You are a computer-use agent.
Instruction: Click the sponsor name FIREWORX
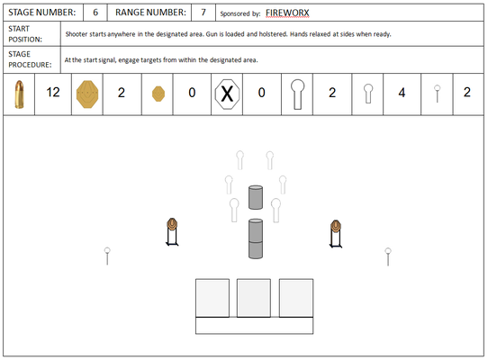coord(287,13)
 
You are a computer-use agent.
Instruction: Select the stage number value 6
coord(95,13)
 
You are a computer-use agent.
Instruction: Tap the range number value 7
coord(203,13)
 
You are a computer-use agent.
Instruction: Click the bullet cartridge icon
coord(19,94)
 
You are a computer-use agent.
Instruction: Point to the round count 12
coord(53,93)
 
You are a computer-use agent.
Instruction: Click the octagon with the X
coord(227,94)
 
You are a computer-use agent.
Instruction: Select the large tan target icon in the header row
coord(87,94)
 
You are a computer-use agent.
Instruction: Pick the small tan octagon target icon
coord(158,94)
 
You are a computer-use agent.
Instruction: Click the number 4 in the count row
coord(402,93)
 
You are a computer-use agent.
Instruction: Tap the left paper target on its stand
coord(172,232)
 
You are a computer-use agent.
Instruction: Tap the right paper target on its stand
coord(336,234)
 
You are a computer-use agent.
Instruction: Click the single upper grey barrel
coord(256,197)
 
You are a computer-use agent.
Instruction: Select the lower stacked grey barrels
coord(256,238)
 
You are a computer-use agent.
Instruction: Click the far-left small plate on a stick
coord(107,256)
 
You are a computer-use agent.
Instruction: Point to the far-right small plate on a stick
coord(388,256)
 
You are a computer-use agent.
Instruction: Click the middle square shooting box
coord(254,298)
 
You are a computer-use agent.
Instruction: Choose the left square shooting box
coord(212,298)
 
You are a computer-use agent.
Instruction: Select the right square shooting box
coord(296,298)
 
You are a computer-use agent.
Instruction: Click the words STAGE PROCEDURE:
coord(30,59)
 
